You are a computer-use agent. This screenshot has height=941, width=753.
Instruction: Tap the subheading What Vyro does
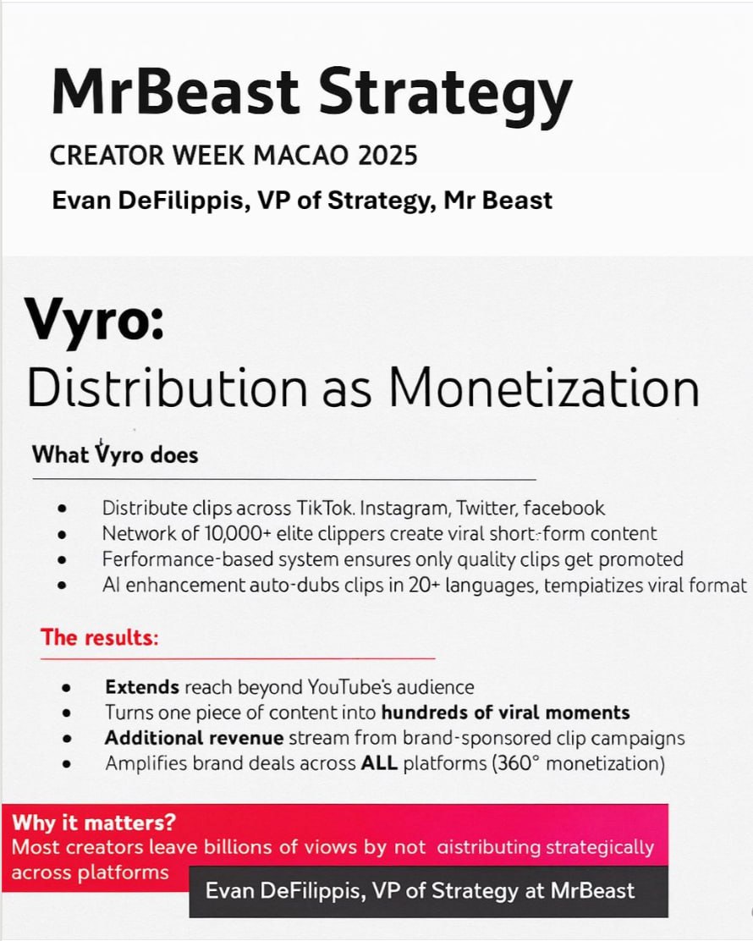click(x=115, y=454)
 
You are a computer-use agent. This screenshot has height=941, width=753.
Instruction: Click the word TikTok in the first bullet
click(x=324, y=509)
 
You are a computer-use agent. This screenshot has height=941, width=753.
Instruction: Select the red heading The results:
click(x=100, y=636)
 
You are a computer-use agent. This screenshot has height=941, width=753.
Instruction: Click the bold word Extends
click(x=142, y=686)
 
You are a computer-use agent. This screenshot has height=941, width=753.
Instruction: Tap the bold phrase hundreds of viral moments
click(x=506, y=713)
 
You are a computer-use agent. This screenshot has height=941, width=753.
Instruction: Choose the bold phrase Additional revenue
click(x=195, y=738)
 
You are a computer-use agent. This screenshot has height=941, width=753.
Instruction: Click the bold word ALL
click(x=379, y=763)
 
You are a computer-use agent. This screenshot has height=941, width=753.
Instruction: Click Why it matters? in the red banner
click(x=94, y=823)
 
